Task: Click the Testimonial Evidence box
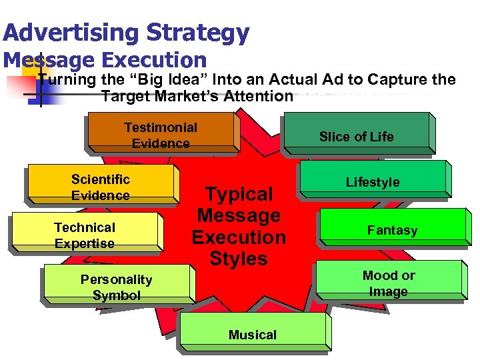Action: pyautogui.click(x=161, y=135)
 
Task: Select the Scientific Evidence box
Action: pyautogui.click(x=101, y=187)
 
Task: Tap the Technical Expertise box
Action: pyautogui.click(x=85, y=235)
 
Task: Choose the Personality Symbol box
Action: pyautogui.click(x=117, y=287)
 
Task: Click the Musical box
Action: pyautogui.click(x=252, y=335)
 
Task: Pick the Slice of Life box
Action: pyautogui.click(x=356, y=137)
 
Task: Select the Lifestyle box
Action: pyautogui.click(x=373, y=182)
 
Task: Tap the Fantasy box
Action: pyautogui.click(x=392, y=230)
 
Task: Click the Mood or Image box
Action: pyautogui.click(x=389, y=283)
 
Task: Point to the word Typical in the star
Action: pyautogui.click(x=239, y=194)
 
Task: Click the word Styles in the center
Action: pyautogui.click(x=239, y=258)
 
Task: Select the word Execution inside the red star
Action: pyautogui.click(x=239, y=237)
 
